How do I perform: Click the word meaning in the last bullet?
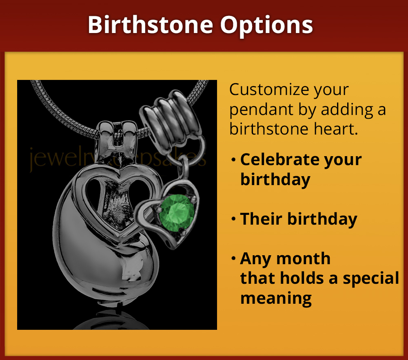click(x=276, y=298)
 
